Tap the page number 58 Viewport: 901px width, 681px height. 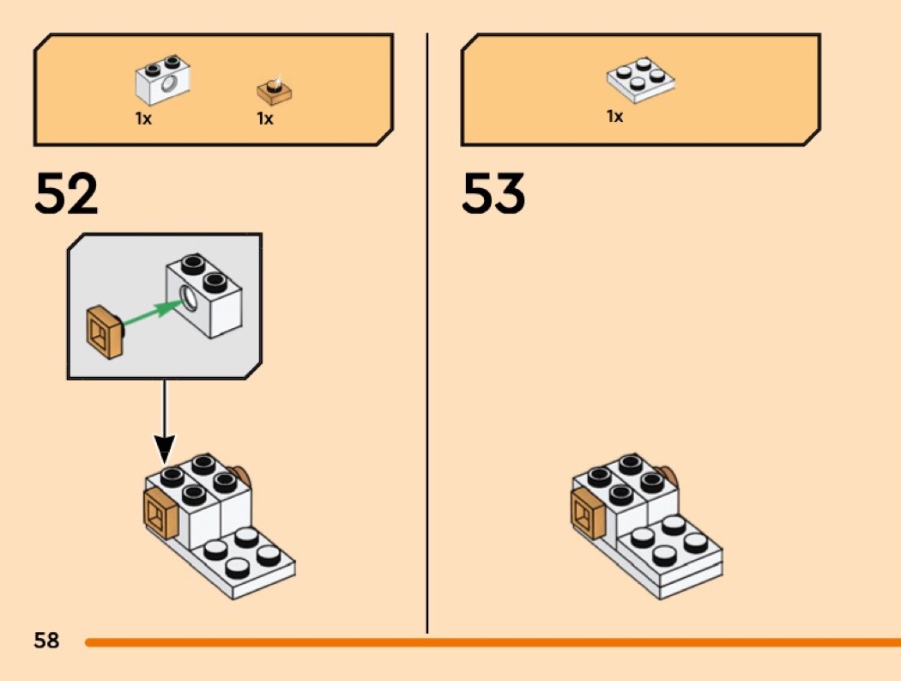[46, 640]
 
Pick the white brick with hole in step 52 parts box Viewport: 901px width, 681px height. [162, 81]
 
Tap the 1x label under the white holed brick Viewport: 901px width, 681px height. [143, 119]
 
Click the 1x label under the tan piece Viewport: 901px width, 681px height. [265, 119]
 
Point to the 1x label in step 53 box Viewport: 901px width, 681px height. [614, 116]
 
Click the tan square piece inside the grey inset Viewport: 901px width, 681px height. [106, 331]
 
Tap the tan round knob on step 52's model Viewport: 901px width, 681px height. [244, 477]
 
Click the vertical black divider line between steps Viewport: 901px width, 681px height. [427, 344]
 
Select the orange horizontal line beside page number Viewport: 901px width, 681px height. [489, 641]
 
